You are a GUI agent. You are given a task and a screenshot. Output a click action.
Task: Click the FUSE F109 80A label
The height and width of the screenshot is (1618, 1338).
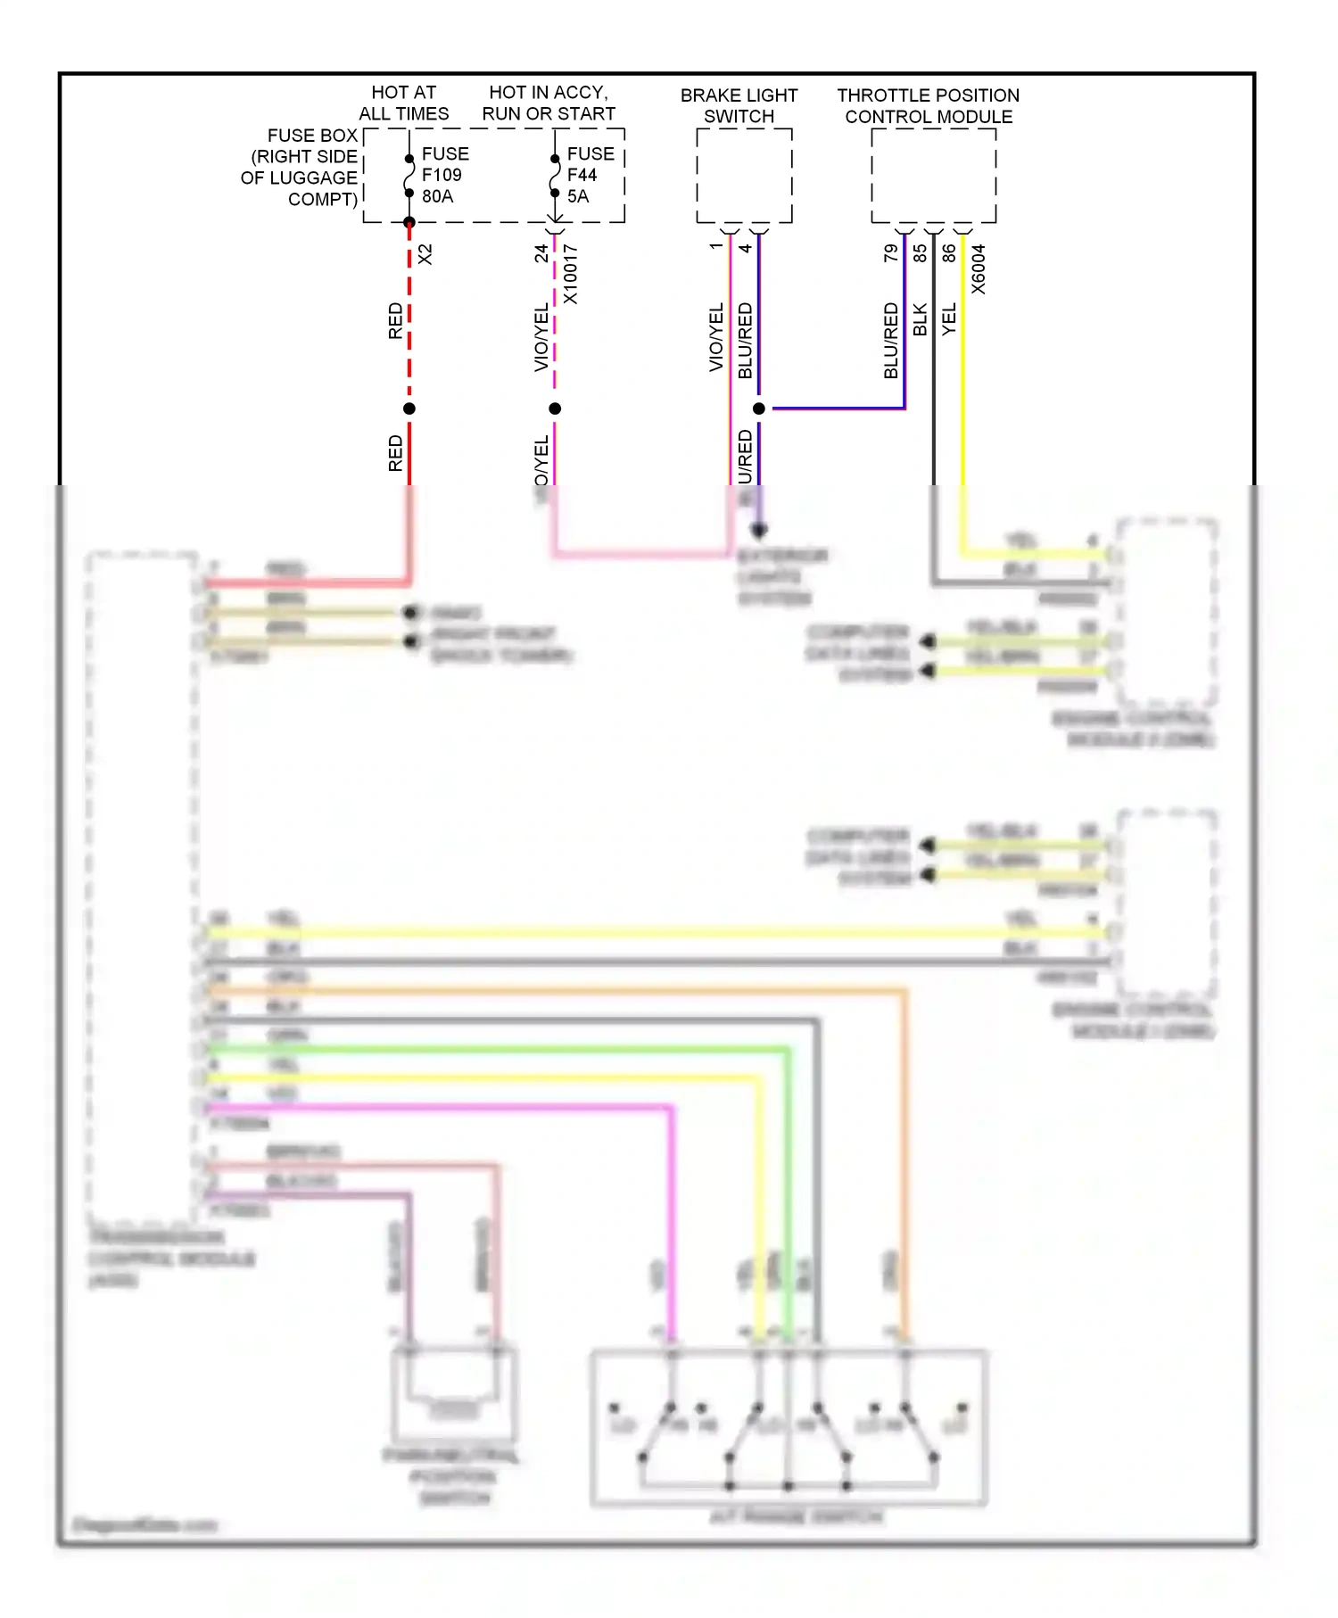[x=443, y=175]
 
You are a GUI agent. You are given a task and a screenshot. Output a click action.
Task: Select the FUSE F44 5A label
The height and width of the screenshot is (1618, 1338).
[x=589, y=175]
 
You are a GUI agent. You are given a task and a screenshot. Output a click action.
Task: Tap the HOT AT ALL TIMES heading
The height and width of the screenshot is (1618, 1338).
[x=403, y=103]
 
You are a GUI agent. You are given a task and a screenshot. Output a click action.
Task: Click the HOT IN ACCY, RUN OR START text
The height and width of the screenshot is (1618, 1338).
[x=549, y=103]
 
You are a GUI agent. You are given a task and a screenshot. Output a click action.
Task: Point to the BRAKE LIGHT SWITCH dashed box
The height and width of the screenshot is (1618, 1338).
[x=743, y=176]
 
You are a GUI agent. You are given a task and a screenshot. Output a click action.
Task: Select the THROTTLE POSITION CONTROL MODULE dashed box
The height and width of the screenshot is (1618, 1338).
[x=933, y=176]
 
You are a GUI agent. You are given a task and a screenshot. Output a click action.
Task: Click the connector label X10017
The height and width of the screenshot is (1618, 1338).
[x=570, y=274]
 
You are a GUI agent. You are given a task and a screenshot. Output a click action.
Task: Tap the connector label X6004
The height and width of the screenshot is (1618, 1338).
[x=979, y=269]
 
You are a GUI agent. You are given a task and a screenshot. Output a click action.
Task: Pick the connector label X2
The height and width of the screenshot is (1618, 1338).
[x=425, y=254]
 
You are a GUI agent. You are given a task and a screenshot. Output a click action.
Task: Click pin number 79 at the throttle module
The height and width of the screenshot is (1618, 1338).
[x=890, y=253]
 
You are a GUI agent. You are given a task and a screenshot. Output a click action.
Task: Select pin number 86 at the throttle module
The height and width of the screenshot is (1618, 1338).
[x=949, y=253]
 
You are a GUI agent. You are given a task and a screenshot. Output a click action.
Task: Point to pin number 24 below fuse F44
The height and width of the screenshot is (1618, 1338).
[x=541, y=253]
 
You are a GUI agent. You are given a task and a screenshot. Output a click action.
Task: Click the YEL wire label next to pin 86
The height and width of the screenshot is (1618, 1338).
[x=949, y=319]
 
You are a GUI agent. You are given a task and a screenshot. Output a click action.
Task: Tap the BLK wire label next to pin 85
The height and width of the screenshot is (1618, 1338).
[x=920, y=319]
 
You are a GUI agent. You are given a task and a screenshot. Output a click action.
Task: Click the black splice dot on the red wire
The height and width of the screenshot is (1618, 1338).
[x=409, y=409]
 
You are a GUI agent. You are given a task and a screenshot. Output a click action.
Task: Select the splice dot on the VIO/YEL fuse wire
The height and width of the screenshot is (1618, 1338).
[x=555, y=409]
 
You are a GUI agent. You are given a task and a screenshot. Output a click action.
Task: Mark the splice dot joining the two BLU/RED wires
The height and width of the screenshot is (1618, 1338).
[x=759, y=409]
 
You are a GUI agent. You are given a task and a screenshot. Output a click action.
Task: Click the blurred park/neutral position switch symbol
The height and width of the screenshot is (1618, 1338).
[x=453, y=1391]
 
